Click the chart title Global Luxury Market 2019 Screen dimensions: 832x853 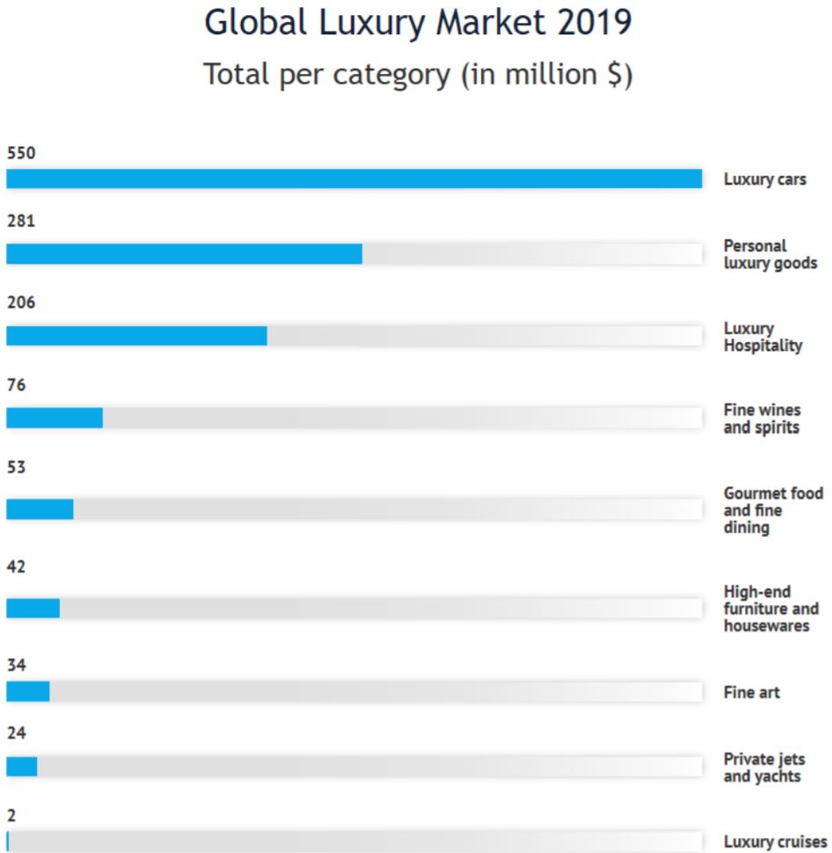coord(418,24)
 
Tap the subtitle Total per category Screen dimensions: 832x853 coord(418,75)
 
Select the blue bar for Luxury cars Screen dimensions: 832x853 coord(354,179)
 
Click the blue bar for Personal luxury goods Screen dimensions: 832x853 coord(185,254)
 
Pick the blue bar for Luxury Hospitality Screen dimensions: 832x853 coord(136,336)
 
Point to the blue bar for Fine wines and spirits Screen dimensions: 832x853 coord(55,418)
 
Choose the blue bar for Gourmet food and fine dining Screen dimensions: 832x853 coord(40,510)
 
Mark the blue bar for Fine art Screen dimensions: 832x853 coord(28,691)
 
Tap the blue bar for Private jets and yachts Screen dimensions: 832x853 coord(22,767)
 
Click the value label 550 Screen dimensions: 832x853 coord(21,153)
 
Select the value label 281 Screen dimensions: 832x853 coord(21,221)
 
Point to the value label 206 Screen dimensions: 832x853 coord(21,303)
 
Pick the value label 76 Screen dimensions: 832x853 coord(17,385)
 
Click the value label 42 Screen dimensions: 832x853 coord(17,567)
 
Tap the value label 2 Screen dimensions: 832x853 coord(11,815)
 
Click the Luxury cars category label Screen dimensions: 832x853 coord(765,179)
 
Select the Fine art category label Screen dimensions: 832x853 coord(751,693)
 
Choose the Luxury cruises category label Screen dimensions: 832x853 coord(776,842)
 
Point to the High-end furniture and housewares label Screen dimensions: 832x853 coord(771,609)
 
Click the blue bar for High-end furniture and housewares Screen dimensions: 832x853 coord(33,609)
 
